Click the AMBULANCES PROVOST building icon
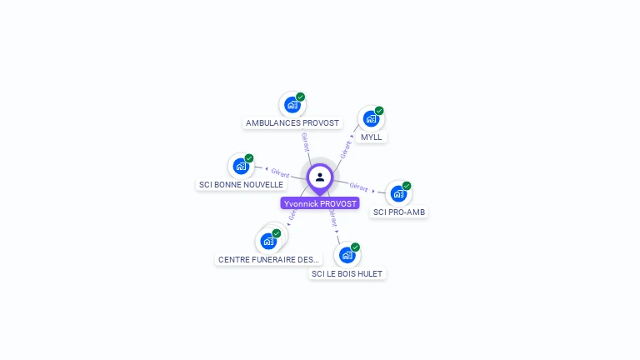coord(292,105)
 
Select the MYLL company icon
coord(370,119)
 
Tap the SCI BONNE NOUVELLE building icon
coord(241,166)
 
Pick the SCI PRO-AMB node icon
coord(398,194)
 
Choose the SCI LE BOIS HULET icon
coord(347,255)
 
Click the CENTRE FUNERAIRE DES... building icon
coord(268,242)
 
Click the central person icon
coord(320,177)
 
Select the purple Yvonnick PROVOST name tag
coord(320,203)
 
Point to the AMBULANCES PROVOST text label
coord(292,123)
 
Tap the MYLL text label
coord(372,137)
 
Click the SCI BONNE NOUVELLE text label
coord(242,184)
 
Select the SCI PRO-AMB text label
coord(399,212)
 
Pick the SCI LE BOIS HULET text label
coord(347,273)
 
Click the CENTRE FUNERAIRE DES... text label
coord(269,260)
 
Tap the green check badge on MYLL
coord(379,111)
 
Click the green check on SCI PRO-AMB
coord(407,186)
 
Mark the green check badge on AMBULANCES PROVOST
coord(301,97)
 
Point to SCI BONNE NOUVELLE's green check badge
coord(249,158)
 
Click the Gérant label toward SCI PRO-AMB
coord(359,187)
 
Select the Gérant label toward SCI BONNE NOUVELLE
coord(280,173)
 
